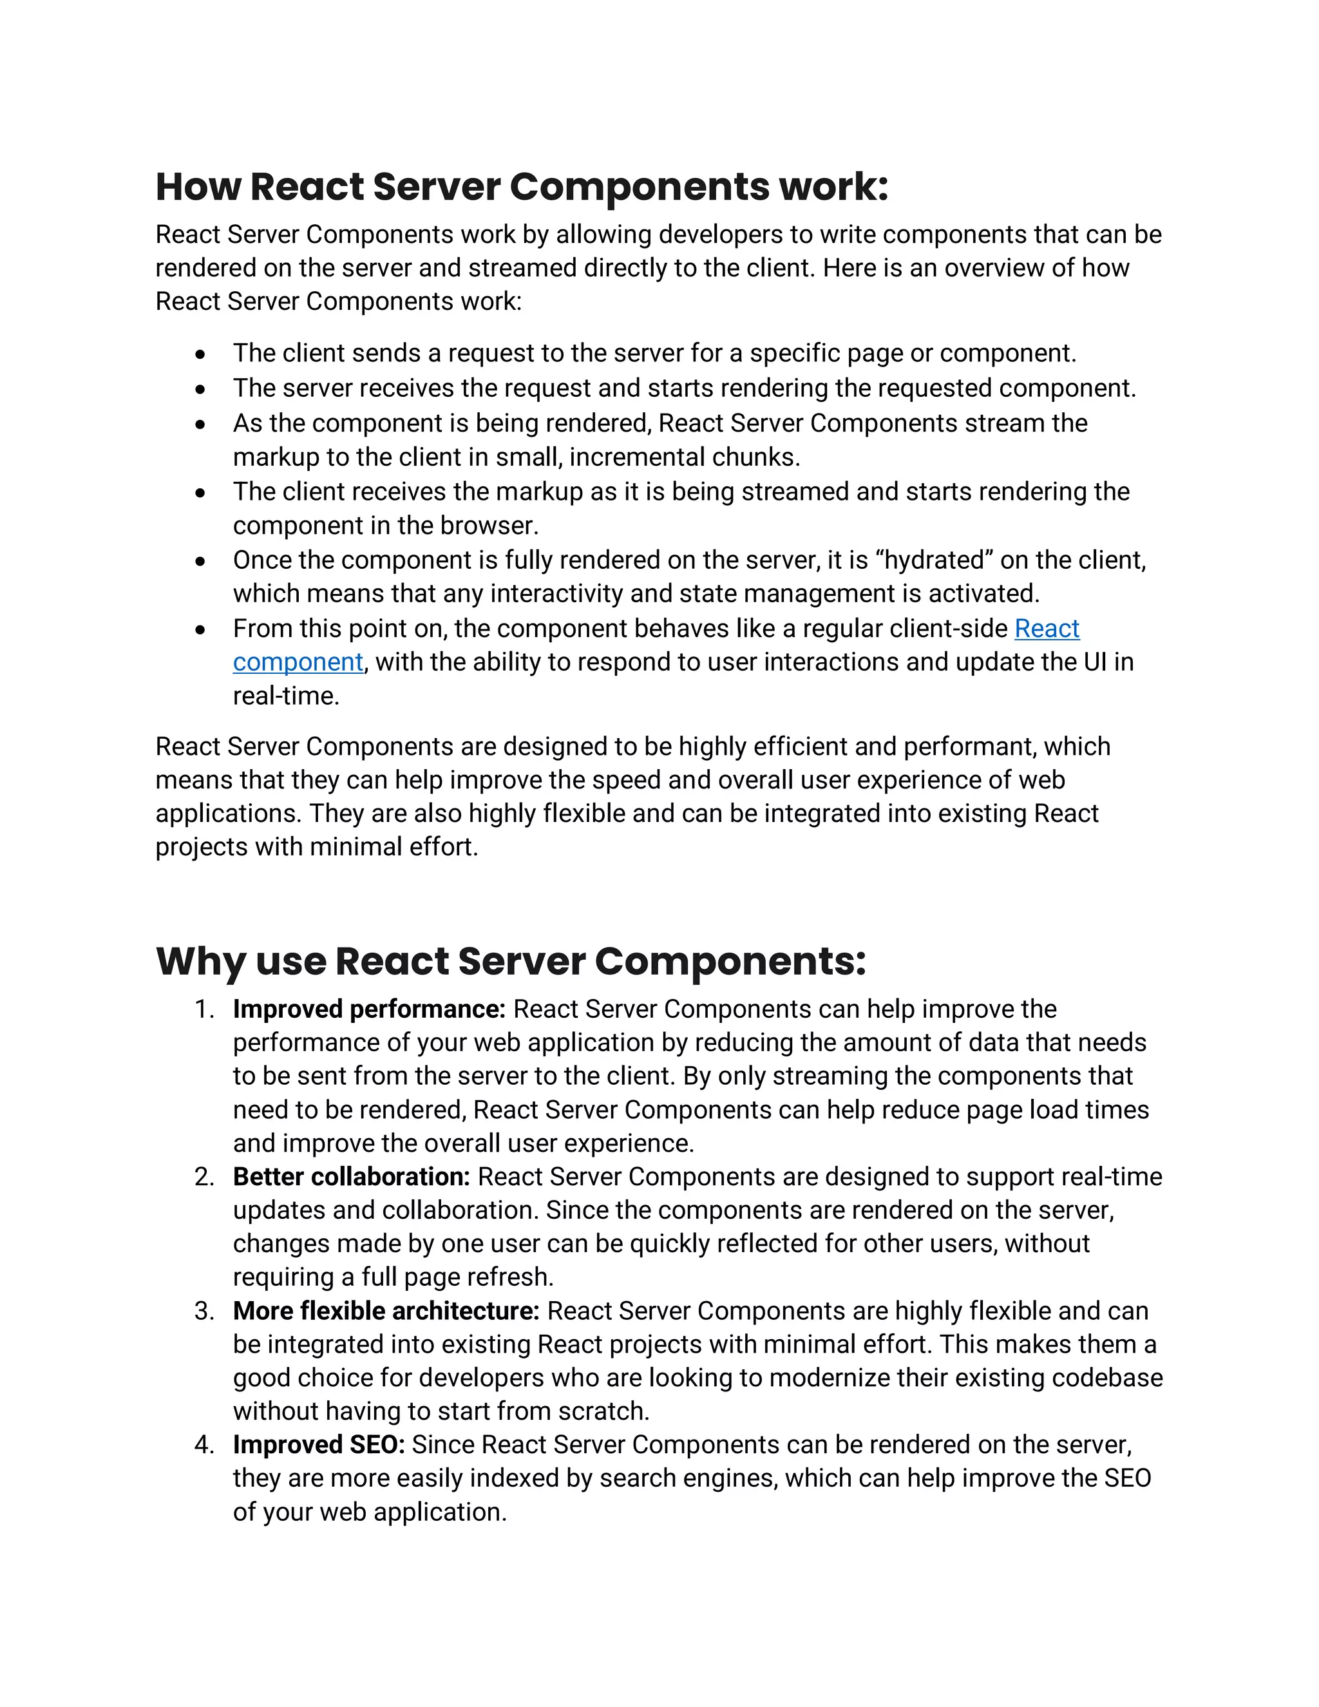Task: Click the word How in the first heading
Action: point(198,187)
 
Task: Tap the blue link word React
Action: point(1047,629)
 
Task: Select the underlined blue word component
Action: point(298,662)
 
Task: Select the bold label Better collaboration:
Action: point(351,1176)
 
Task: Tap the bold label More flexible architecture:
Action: point(386,1311)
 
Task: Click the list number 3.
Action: point(204,1311)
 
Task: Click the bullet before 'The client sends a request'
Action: point(201,355)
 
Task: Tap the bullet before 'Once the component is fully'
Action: point(201,561)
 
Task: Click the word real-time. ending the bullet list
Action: point(286,696)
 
